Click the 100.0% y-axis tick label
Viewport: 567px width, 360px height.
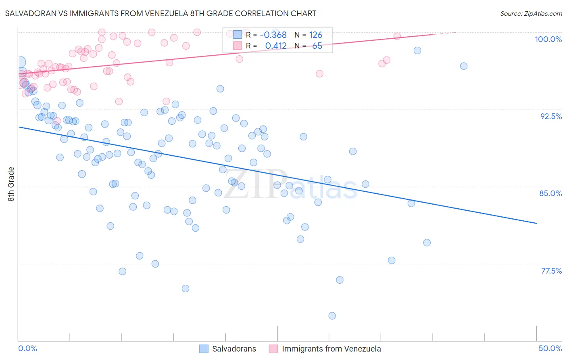pyautogui.click(x=548, y=39)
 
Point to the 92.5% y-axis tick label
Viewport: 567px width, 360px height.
pyautogui.click(x=551, y=116)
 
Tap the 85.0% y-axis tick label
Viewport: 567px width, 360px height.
pyautogui.click(x=550, y=193)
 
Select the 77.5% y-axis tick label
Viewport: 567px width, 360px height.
pyautogui.click(x=551, y=271)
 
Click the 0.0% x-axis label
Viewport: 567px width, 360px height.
pyautogui.click(x=27, y=348)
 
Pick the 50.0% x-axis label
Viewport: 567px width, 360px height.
pyautogui.click(x=550, y=348)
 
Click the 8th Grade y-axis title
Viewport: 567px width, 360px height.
pyautogui.click(x=11, y=184)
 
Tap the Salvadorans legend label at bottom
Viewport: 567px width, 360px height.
pyautogui.click(x=234, y=349)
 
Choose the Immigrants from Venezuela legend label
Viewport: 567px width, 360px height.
pyautogui.click(x=331, y=349)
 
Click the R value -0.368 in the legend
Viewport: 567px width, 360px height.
pyautogui.click(x=273, y=35)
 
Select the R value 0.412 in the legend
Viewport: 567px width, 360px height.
pyautogui.click(x=276, y=46)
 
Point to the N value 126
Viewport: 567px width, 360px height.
pyautogui.click(x=315, y=35)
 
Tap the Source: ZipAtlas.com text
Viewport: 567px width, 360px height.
pyautogui.click(x=531, y=13)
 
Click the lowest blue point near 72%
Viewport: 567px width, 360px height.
pyautogui.click(x=332, y=316)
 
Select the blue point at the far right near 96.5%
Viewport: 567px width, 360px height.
pyautogui.click(x=464, y=66)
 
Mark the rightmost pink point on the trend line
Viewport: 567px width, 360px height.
pyautogui.click(x=397, y=36)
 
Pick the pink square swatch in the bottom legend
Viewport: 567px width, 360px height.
pyautogui.click(x=273, y=349)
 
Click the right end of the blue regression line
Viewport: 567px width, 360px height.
pyautogui.click(x=536, y=223)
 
